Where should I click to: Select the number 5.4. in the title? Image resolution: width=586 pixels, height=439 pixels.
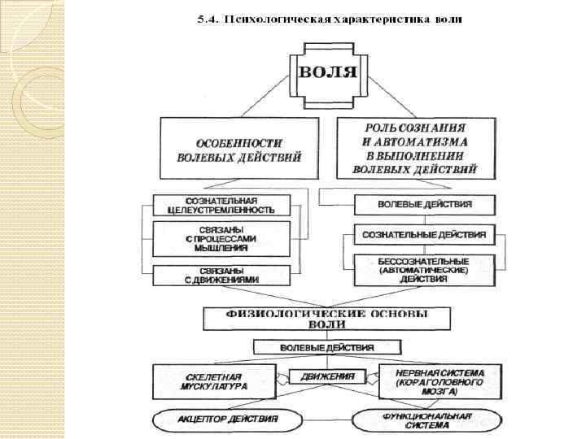pyautogui.click(x=208, y=20)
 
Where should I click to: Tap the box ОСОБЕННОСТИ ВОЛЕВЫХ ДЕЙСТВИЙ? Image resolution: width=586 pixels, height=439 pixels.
pyautogui.click(x=238, y=150)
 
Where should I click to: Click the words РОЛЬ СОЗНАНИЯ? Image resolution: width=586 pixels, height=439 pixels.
pyautogui.click(x=415, y=128)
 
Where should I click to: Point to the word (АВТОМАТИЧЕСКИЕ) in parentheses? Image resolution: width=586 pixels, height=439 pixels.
pyautogui.click(x=425, y=270)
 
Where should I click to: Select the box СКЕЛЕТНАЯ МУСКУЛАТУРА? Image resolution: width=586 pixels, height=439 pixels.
pyautogui.click(x=213, y=381)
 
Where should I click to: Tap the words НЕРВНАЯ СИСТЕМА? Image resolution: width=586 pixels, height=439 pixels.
pyautogui.click(x=440, y=372)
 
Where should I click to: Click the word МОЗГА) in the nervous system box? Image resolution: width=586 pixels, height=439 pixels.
pyautogui.click(x=439, y=391)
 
